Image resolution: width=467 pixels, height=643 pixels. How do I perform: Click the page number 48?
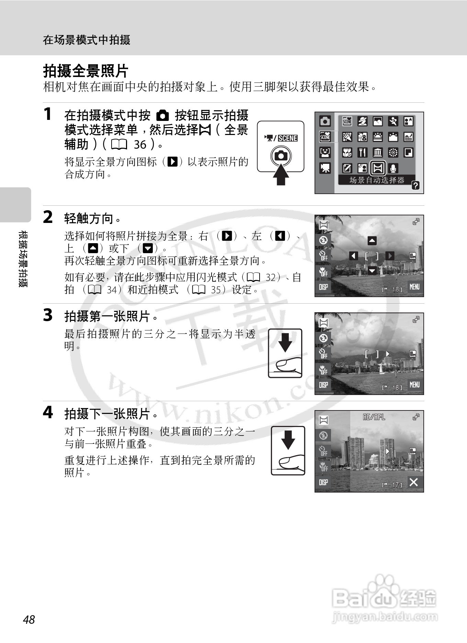click(x=29, y=619)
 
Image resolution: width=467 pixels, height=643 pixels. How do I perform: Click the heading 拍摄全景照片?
click(x=86, y=71)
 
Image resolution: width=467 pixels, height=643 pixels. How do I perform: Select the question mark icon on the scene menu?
click(x=415, y=186)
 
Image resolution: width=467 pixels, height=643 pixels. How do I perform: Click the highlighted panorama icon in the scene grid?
click(x=378, y=168)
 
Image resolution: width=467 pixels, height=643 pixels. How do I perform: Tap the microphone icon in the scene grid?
click(x=394, y=168)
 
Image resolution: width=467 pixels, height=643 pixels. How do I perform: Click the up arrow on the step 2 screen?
click(x=372, y=241)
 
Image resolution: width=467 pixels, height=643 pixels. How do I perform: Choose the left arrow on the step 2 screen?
click(x=354, y=256)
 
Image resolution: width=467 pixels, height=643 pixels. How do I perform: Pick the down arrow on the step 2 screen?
click(x=372, y=271)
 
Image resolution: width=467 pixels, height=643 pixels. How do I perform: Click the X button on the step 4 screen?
click(x=414, y=482)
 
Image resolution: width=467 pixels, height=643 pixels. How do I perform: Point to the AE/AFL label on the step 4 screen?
click(x=374, y=417)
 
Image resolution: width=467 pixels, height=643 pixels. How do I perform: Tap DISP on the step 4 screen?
click(x=323, y=482)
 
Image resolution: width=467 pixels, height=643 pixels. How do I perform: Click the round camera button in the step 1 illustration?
click(x=281, y=156)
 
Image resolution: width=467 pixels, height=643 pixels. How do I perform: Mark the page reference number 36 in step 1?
click(x=140, y=145)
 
